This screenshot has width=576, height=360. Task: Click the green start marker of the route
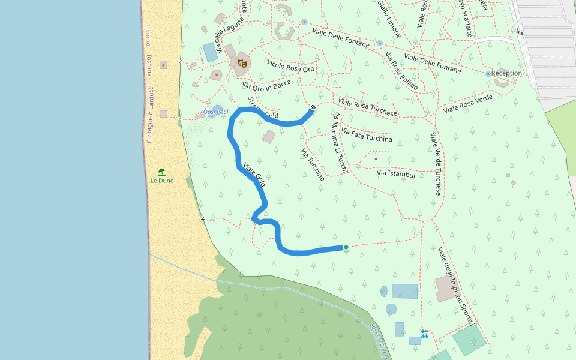pyautogui.click(x=346, y=247)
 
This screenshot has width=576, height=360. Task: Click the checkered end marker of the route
pyautogui.click(x=313, y=107)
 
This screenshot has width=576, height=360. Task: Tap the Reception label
pyautogui.click(x=506, y=73)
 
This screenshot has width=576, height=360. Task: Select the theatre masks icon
pyautogui.click(x=243, y=62)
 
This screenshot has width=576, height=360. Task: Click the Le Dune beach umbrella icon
pyautogui.click(x=161, y=172)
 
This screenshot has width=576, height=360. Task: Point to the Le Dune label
pyautogui.click(x=161, y=180)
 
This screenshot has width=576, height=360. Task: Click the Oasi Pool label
pyautogui.click(x=216, y=112)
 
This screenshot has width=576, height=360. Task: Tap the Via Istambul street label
pyautogui.click(x=396, y=174)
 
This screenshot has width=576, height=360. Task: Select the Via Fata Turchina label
pyautogui.click(x=366, y=134)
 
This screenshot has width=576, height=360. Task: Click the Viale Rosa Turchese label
pyautogui.click(x=368, y=107)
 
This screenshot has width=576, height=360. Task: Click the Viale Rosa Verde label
pyautogui.click(x=467, y=104)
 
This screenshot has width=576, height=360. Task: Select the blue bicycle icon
pyautogui.click(x=425, y=334)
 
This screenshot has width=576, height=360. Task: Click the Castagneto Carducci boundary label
pyautogui.click(x=149, y=113)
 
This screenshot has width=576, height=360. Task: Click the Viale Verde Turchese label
pyautogui.click(x=436, y=164)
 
